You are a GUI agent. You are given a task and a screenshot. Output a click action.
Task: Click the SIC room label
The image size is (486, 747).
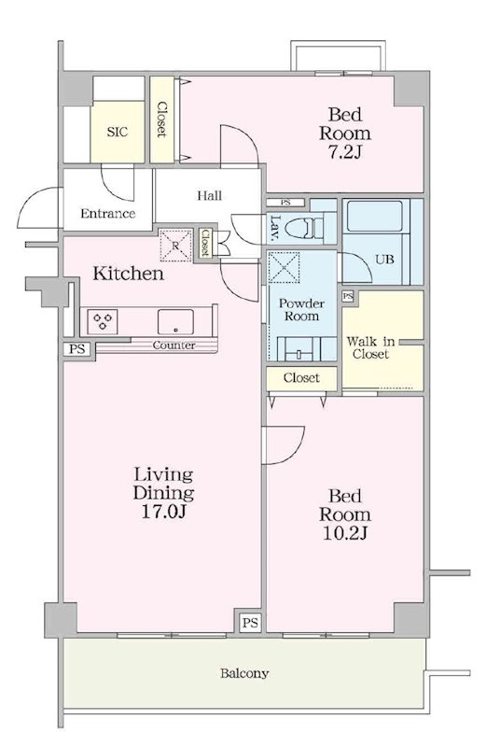coord(118,132)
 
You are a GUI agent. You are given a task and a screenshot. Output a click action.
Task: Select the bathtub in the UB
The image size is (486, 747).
coord(375,217)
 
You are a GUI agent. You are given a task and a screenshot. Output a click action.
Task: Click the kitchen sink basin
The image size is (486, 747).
coord(175,321)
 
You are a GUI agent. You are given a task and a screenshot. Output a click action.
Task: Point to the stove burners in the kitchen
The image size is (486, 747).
coord(103,320)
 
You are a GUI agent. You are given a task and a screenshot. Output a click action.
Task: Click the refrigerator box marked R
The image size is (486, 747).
coord(175,246)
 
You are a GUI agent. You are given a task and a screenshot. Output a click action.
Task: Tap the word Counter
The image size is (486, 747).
coord(174,345)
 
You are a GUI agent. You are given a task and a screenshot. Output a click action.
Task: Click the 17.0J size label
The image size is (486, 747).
coord(163,511)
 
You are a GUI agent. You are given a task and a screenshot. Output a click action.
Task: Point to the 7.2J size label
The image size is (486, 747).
coord(344,151)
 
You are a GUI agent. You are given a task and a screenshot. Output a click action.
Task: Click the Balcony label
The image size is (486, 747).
coord(244,673)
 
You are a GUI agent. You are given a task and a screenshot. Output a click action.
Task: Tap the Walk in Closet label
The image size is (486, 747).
coord(371,347)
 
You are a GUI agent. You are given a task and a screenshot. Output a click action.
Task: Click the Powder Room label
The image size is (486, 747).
coord(302,310)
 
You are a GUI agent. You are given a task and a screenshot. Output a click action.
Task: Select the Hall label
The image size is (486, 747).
coord(210,195)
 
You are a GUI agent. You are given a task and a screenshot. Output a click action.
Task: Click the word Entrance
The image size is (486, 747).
coord(108,214)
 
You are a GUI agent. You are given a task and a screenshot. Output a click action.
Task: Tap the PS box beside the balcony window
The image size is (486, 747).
coord(250,622)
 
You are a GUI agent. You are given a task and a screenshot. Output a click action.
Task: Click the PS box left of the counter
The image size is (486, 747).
coord(76,349)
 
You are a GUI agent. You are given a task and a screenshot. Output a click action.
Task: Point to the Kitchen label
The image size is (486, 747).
coord(129,274)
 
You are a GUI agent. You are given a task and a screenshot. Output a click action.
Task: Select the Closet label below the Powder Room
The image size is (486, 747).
coord(301,378)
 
